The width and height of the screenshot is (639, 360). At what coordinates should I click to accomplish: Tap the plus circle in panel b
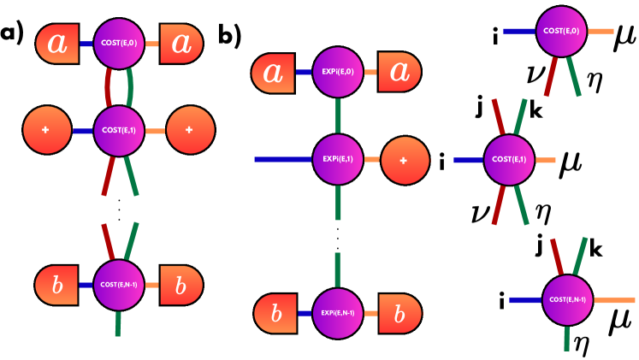click(400, 159)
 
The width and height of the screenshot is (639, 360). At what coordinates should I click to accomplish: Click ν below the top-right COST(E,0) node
click(539, 80)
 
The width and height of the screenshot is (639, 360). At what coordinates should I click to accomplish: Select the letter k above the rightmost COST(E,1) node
click(535, 111)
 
